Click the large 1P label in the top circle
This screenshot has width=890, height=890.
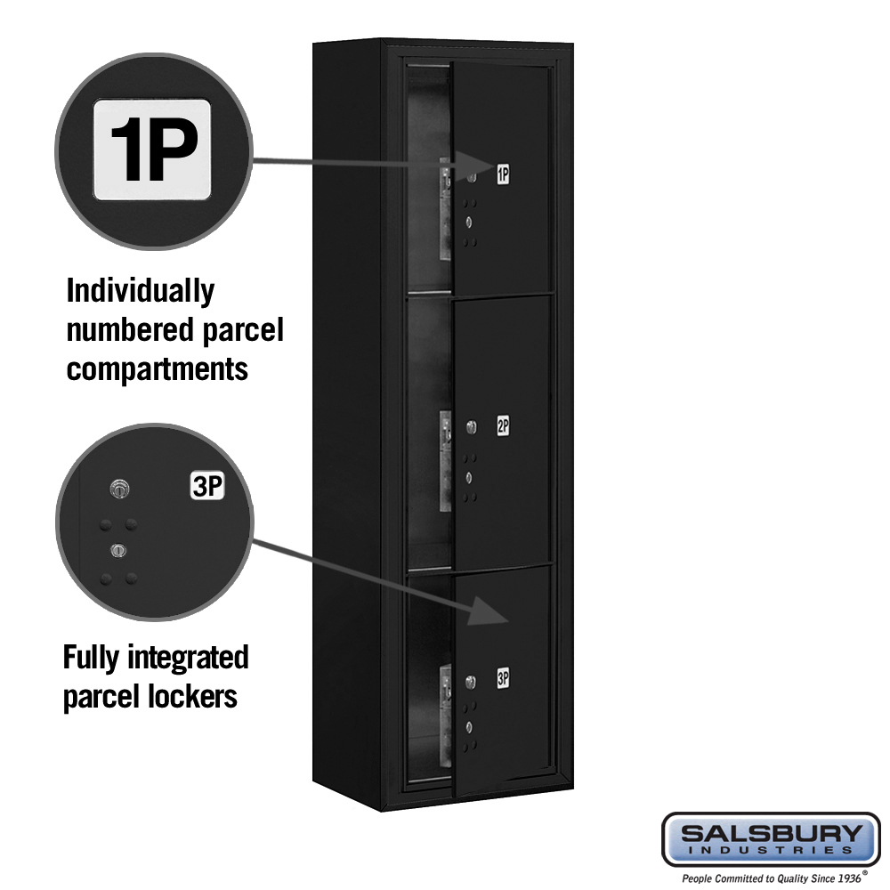point(152,150)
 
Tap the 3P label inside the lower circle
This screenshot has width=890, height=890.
point(207,486)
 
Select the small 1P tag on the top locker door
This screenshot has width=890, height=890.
point(503,174)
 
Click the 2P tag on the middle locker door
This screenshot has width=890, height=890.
point(503,425)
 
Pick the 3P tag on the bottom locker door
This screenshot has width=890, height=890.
point(503,677)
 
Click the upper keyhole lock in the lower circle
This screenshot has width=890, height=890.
point(119,488)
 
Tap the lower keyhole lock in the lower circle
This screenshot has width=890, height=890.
point(118,550)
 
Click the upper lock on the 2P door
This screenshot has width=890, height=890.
point(471,427)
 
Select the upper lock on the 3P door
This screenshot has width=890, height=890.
point(471,681)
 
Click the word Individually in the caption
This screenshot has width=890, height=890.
point(141,292)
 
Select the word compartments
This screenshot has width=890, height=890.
point(158,369)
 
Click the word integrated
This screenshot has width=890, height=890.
point(188,659)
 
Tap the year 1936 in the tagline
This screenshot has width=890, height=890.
point(848,878)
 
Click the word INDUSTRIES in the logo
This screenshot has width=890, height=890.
point(772,851)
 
